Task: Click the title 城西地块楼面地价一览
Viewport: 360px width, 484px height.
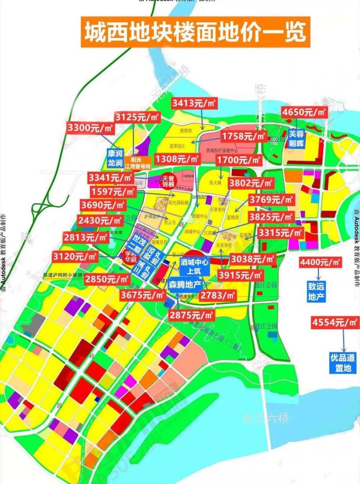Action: click(195, 32)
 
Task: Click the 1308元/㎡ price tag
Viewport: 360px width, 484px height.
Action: click(177, 158)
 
